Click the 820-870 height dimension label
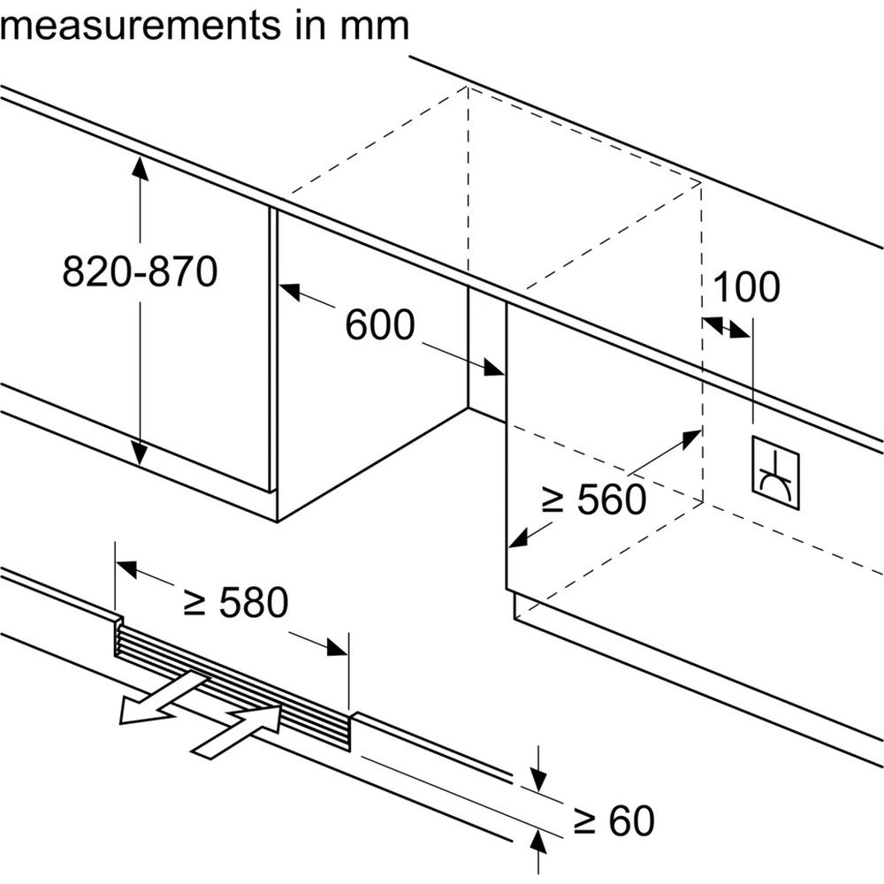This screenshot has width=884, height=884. click(140, 272)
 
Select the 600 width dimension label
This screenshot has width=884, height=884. click(379, 325)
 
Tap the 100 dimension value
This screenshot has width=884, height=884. click(746, 287)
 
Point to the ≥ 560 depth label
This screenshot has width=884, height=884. click(593, 501)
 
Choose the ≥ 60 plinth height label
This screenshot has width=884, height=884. click(613, 822)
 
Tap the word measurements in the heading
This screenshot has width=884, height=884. click(138, 26)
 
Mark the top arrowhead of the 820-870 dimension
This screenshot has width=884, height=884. click(140, 167)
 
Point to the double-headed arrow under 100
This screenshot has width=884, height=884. click(726, 327)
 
